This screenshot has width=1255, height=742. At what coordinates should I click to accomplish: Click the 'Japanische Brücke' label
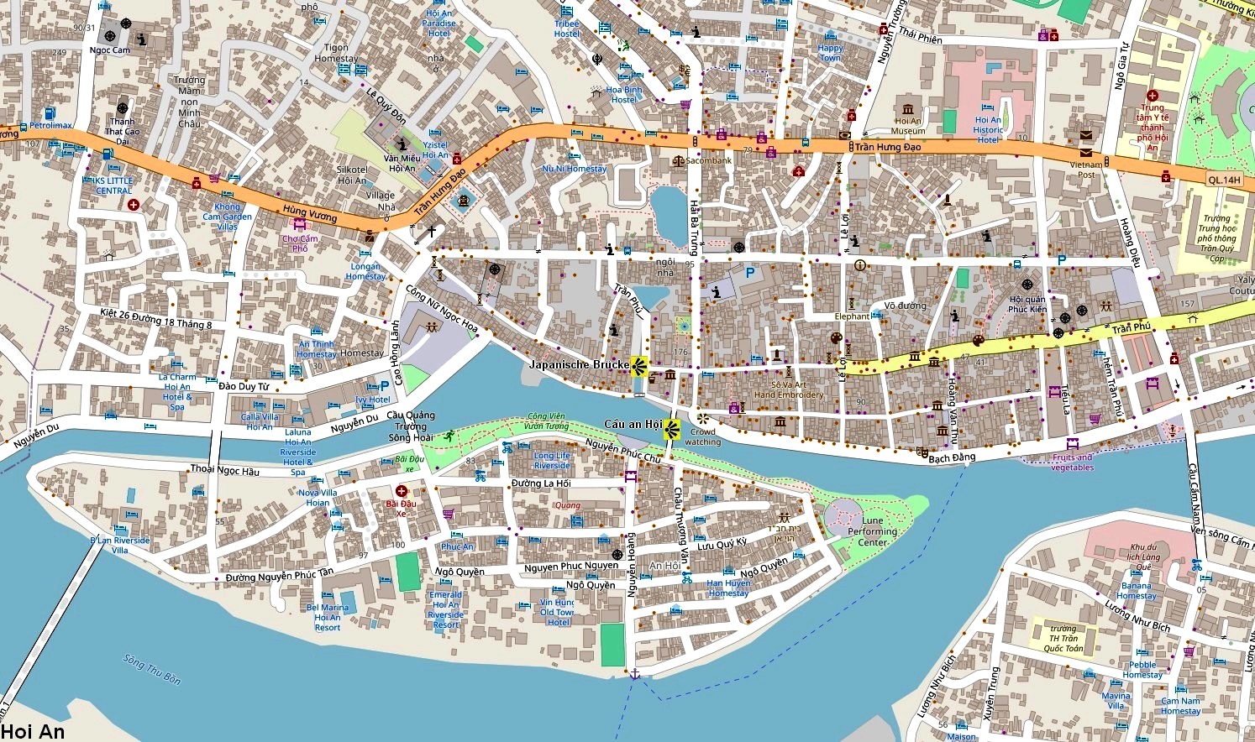coord(579,365)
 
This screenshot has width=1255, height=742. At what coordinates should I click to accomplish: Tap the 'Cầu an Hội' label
coord(633,425)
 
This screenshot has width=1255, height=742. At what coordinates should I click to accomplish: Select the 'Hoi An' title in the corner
coord(33,731)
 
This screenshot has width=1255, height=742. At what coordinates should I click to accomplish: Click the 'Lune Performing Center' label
coord(872,531)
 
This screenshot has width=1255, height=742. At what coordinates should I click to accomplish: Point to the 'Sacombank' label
coord(708,160)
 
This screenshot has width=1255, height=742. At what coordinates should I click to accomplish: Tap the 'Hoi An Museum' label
coord(907,126)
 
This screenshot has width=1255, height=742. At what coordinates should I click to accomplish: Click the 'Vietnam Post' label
coord(1086,170)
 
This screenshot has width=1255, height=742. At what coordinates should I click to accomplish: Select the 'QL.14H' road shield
coord(1224,180)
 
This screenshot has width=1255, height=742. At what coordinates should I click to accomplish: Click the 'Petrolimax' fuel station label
coord(50,126)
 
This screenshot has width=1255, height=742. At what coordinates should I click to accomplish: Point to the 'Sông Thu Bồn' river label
coord(152,669)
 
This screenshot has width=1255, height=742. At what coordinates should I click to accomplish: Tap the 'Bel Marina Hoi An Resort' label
coord(328,618)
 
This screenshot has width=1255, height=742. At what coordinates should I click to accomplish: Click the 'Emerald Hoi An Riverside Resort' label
coord(445,610)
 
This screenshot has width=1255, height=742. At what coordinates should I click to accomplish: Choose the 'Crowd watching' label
coord(702,437)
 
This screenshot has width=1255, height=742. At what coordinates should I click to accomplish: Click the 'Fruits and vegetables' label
coord(1073,462)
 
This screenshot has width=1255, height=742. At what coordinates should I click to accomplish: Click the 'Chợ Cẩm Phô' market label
coord(300,243)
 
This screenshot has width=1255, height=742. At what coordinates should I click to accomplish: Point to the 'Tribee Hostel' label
coord(567,29)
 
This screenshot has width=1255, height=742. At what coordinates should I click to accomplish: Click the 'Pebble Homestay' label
coord(1142,670)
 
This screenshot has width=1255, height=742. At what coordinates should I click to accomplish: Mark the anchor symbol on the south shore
coord(635,673)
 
